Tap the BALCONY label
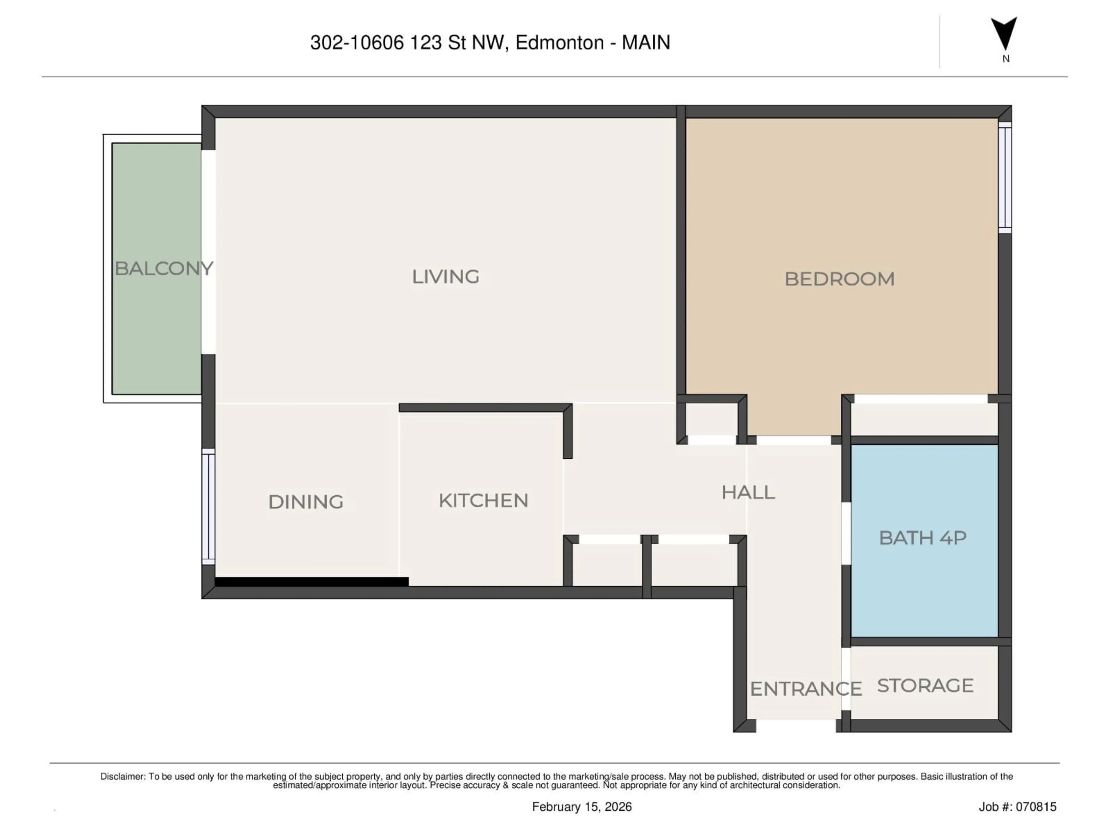pos(164,269)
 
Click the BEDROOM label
pos(839,279)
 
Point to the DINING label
pos(306,502)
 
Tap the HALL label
pos(748,493)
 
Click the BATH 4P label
pos(922,538)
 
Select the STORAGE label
pos(925,685)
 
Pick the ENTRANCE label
pos(805,689)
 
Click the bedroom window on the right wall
pos(1004,177)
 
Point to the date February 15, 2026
pos(582,807)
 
